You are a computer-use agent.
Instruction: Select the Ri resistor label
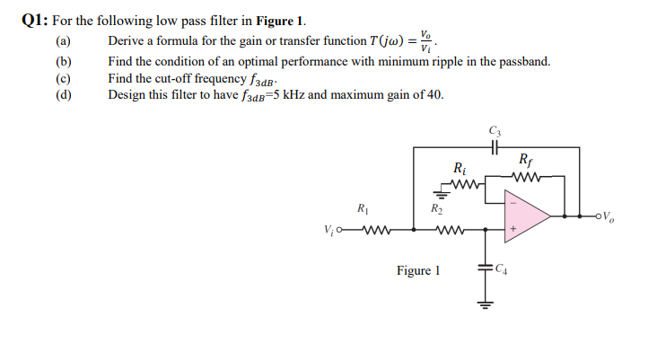point(460,168)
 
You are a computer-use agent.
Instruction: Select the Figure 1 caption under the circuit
point(418,270)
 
